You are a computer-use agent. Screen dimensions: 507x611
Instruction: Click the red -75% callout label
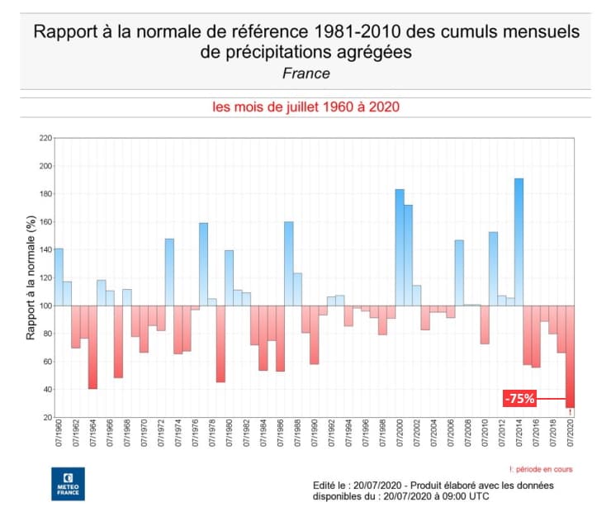521,399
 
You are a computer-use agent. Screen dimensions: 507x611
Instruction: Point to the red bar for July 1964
92,347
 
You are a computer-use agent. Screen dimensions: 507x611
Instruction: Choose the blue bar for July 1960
59,277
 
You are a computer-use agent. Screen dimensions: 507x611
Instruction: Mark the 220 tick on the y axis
45,138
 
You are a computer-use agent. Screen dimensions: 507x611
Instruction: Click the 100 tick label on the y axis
45,306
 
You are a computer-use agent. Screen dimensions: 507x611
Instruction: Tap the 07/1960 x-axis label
59,436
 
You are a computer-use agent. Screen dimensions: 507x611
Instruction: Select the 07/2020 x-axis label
570,436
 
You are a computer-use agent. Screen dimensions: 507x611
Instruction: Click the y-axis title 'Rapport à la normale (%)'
30,277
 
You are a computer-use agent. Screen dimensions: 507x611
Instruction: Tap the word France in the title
305,73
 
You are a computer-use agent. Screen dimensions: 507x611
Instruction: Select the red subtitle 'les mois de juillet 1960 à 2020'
305,108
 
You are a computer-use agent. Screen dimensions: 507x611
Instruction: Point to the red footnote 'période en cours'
541,469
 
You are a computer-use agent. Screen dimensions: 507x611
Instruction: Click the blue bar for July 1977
203,263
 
